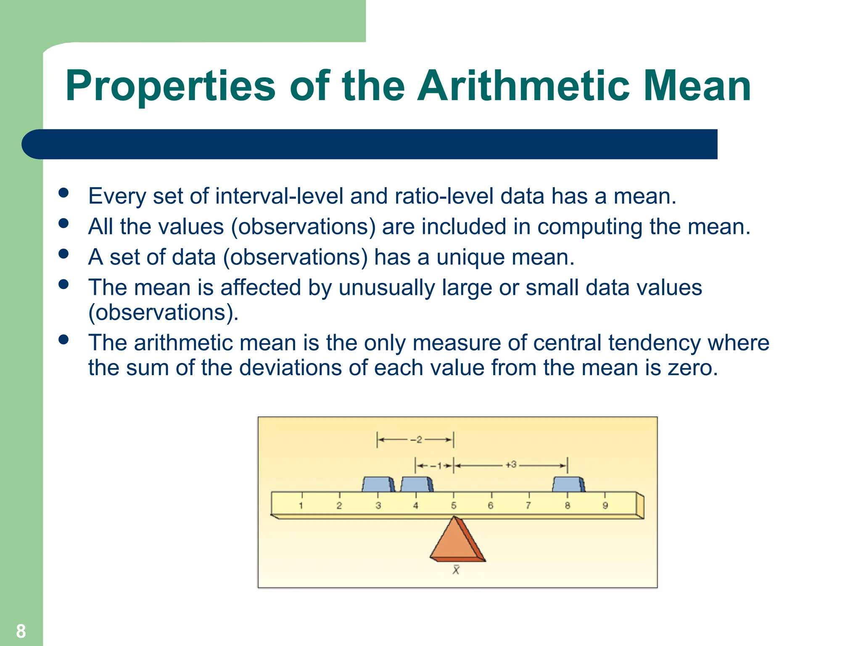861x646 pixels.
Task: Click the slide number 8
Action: (x=21, y=631)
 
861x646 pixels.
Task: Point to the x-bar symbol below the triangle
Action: (x=456, y=570)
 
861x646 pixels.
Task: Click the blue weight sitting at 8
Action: (x=568, y=484)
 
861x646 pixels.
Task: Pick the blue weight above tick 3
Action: (x=378, y=484)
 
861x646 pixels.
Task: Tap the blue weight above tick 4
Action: (x=416, y=484)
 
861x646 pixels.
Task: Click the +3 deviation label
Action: (x=511, y=465)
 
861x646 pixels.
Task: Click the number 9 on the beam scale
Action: (x=605, y=506)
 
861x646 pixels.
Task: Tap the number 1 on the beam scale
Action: (x=301, y=506)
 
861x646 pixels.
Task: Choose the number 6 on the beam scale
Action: (x=491, y=506)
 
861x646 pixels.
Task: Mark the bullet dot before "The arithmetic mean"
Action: (x=63, y=339)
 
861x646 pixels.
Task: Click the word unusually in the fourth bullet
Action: (x=387, y=289)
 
